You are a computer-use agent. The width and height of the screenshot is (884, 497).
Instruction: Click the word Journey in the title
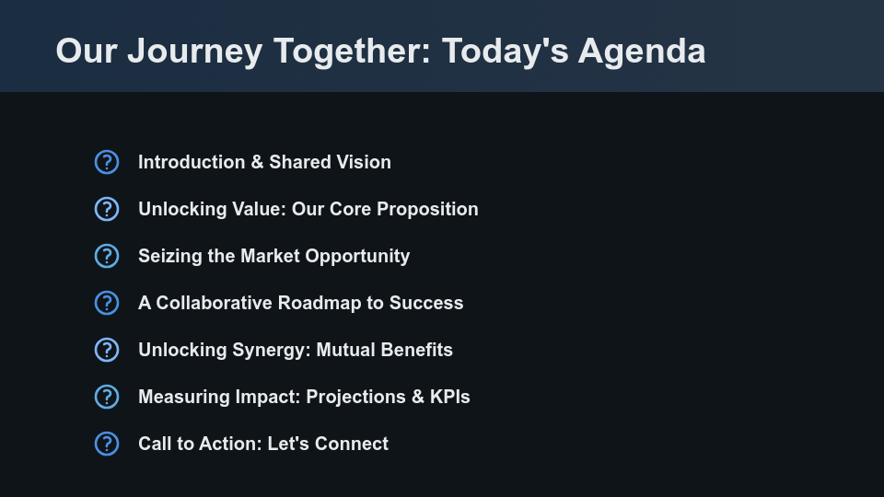click(x=195, y=52)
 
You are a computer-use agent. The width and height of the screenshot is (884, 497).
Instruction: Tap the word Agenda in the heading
click(x=642, y=52)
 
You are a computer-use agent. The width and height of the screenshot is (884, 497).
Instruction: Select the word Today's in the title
click(x=505, y=52)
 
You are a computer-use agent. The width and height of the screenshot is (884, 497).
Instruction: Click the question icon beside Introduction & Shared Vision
click(x=107, y=162)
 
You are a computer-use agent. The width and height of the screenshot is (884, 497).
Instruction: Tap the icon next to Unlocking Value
click(x=107, y=209)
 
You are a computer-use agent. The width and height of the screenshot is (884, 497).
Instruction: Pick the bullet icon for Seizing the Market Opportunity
click(x=107, y=256)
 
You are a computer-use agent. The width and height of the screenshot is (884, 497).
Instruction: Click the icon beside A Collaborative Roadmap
click(x=107, y=303)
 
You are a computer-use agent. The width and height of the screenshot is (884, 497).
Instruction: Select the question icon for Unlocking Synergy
click(x=107, y=350)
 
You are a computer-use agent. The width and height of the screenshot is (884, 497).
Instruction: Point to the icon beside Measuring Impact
click(x=107, y=397)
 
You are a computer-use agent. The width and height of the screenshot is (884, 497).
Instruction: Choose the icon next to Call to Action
click(x=107, y=444)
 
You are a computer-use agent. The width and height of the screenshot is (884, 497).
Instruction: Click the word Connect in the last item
click(x=352, y=444)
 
